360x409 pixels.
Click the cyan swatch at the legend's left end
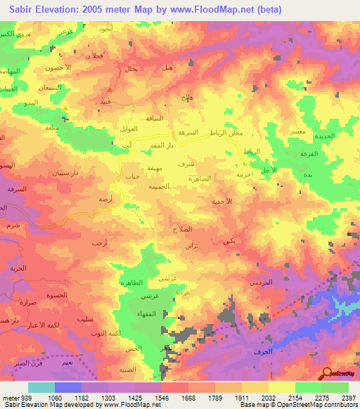point(41,387)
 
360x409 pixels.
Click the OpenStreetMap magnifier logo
point(328,374)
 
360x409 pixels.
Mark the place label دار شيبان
point(68,171)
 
